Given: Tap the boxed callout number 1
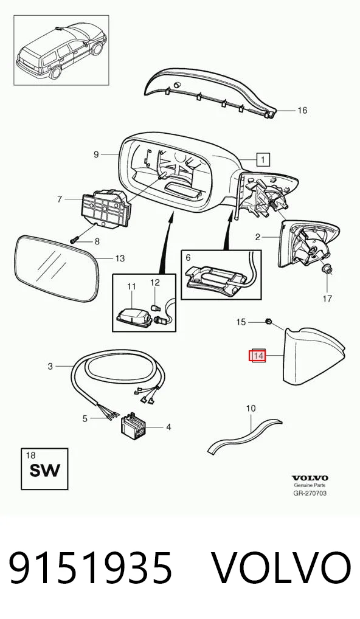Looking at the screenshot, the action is point(263,159).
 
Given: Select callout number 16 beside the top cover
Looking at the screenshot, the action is point(302,110).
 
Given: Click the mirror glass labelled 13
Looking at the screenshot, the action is point(56,268).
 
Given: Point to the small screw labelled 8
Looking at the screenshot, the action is point(75,239).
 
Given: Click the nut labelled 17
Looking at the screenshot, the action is point(327,270).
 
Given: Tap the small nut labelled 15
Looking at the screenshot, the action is point(268,322).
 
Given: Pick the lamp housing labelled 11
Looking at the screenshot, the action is point(134,314).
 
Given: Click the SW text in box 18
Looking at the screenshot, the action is point(45,470).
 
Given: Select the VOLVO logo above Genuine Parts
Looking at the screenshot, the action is point(310,478).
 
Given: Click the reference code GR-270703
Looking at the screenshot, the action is point(310,493).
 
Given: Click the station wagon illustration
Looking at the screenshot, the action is point(61,50).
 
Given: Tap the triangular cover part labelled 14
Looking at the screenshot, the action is point(312,355).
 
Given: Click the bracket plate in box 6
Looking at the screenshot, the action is point(216,280).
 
